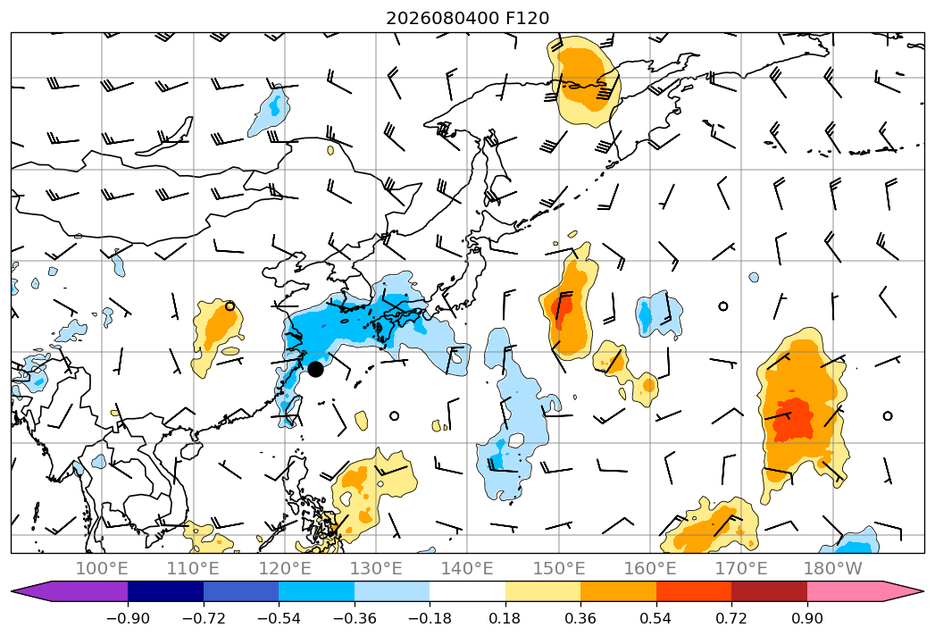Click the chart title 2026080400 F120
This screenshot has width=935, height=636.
[468, 18]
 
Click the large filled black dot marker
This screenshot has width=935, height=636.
[315, 369]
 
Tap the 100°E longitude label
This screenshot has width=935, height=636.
[102, 568]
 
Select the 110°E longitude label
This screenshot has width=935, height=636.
[193, 568]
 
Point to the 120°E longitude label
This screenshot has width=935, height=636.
[285, 568]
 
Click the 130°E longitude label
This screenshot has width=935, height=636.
[376, 568]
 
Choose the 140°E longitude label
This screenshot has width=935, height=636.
[467, 568]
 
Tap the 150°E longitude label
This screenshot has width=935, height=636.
[559, 568]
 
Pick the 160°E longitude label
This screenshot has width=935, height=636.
[650, 568]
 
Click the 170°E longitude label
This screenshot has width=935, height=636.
[741, 568]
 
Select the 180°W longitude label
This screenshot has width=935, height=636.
[833, 568]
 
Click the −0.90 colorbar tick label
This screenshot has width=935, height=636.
[128, 618]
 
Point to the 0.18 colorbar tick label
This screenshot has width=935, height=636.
[505, 618]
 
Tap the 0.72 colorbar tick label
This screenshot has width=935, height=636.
[731, 618]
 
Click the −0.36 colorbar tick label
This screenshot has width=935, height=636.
[355, 618]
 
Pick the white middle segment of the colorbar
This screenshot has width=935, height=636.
[468, 590]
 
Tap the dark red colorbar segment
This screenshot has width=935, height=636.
[769, 590]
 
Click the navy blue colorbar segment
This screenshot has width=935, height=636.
[165, 590]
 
